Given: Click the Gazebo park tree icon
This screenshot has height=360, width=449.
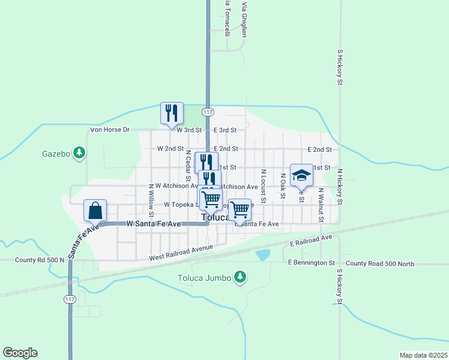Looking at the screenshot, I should pos(79,154).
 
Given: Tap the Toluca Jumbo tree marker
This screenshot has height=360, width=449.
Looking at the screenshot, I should pos(240,277).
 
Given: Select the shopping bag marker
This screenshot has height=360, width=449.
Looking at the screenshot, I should pos(95,211).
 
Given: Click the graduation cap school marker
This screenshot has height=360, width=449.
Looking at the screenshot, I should pos(301,175).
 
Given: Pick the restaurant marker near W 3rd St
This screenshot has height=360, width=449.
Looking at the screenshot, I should pos(172,113).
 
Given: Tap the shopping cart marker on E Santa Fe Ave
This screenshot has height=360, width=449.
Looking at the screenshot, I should pos(240,210).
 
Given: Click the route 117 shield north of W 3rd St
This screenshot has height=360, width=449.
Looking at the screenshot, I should pos(208,112).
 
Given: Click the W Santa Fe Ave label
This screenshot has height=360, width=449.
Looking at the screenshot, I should pos(154,224).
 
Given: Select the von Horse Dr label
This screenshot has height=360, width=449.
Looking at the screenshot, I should pos(109,130).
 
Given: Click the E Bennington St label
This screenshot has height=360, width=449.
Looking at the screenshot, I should pos(311,263).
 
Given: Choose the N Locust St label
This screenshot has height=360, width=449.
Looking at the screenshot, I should pos(263,185).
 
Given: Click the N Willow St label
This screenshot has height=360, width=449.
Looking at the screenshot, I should pos(151,200).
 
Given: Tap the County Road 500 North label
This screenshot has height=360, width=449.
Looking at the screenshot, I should pos(380,263).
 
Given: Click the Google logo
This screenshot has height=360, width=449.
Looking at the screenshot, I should pos(20,353).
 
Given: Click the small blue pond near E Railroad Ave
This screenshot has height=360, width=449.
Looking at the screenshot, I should pos(262,254).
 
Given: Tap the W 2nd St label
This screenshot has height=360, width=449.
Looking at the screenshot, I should pos(170,149).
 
